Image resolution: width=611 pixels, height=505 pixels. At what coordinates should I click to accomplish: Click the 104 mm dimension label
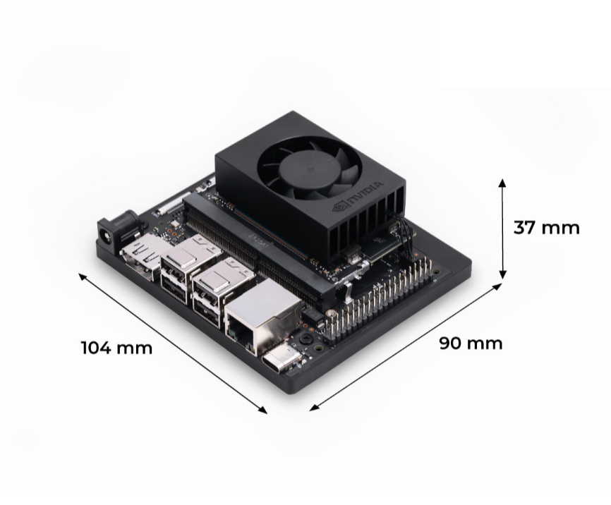tap(116, 348)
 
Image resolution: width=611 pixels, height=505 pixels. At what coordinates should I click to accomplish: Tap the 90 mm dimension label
tap(471, 343)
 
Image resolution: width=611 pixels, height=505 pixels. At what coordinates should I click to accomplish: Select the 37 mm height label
tap(546, 228)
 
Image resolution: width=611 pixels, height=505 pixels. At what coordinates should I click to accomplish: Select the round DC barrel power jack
tap(112, 232)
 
